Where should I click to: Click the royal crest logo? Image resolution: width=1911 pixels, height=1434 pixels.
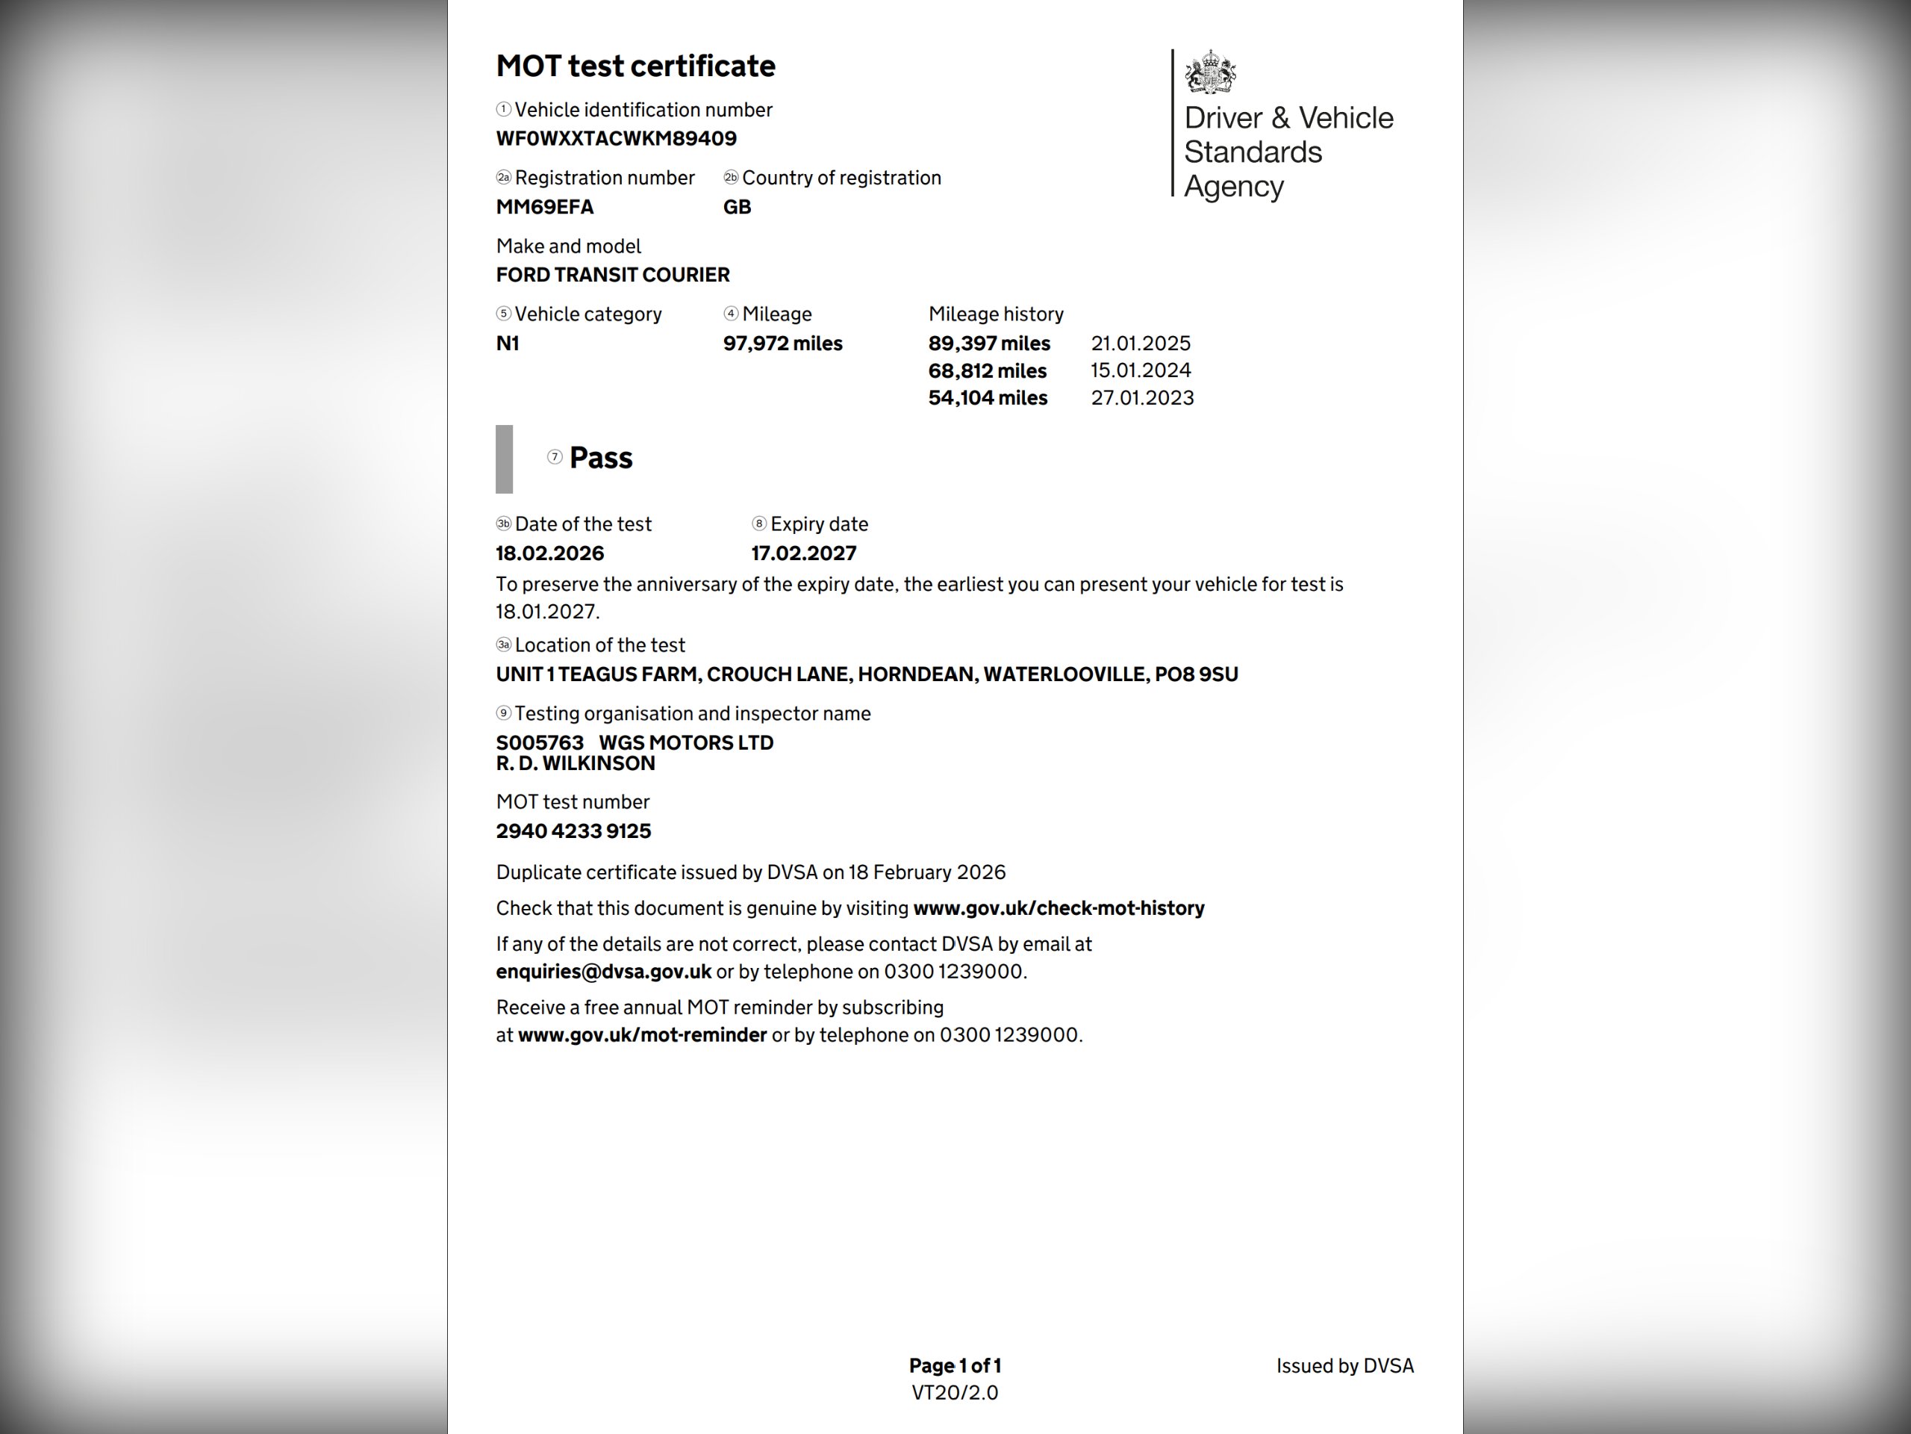pos(1209,72)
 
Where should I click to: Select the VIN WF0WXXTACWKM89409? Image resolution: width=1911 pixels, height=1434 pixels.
pos(616,138)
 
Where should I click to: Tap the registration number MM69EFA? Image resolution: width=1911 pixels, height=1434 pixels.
pos(544,207)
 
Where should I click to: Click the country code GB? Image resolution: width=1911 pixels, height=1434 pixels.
pos(737,207)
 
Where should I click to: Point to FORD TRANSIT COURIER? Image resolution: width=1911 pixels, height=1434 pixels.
pos(613,275)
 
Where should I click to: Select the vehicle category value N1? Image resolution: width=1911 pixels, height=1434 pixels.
pos(507,343)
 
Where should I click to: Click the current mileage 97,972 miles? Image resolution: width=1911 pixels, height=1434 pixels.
pos(782,343)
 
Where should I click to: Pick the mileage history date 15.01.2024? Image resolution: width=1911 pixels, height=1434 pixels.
pos(1141,370)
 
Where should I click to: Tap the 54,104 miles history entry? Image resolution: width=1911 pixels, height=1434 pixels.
pos(988,397)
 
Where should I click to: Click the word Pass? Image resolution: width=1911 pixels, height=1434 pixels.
pos(600,457)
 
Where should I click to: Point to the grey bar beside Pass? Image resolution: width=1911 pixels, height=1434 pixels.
pos(504,459)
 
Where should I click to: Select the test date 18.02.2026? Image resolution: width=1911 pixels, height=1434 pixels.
pos(549,553)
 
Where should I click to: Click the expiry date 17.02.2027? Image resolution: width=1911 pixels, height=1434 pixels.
pos(803,553)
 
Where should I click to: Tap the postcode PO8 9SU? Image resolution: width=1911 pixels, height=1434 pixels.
pos(1196,674)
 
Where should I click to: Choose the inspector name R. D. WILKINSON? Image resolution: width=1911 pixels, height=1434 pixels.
pos(576,763)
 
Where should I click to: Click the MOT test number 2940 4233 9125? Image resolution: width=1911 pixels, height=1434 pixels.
pos(573,831)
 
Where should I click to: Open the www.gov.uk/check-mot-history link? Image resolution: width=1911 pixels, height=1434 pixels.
pos(1059,907)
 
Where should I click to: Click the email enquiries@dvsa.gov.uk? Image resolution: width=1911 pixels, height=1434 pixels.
pos(603,971)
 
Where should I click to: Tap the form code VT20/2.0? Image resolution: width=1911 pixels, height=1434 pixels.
pos(955,1392)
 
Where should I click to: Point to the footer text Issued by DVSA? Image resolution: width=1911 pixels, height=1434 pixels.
pos(1344,1366)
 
